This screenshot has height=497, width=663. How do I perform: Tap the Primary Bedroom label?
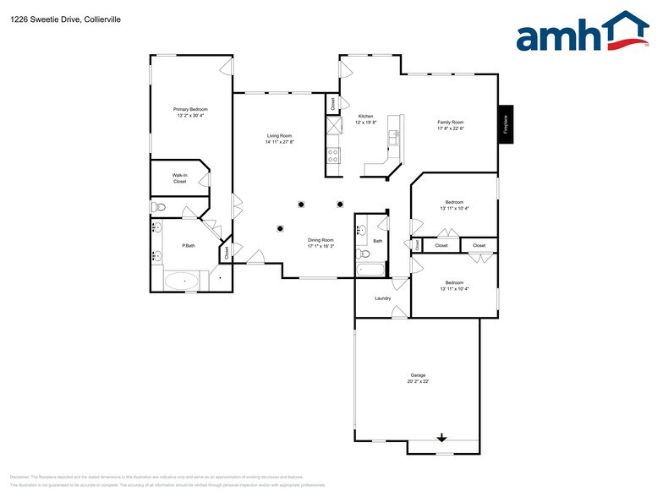tap(190, 109)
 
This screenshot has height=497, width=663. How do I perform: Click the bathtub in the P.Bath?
tap(181, 281)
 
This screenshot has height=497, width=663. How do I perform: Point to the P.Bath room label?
tap(189, 246)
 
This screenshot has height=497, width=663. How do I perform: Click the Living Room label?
tap(279, 135)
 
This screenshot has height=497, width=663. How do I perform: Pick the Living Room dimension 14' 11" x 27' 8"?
tap(279, 142)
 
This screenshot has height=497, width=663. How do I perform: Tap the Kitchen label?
tap(365, 116)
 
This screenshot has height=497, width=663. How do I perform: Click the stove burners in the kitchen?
tap(333, 155)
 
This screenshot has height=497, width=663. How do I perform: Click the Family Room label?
tap(450, 122)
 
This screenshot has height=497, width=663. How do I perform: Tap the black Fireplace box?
tap(506, 124)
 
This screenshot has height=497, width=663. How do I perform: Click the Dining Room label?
tap(321, 240)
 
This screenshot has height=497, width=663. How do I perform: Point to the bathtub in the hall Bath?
tap(370, 270)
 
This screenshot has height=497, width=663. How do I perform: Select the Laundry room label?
tap(382, 298)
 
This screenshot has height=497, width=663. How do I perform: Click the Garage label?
tap(418, 374)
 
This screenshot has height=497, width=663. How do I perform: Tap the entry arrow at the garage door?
tap(441, 437)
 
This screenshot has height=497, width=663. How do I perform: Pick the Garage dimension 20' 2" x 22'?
tap(418, 381)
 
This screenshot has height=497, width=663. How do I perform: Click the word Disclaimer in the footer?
tap(20, 477)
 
